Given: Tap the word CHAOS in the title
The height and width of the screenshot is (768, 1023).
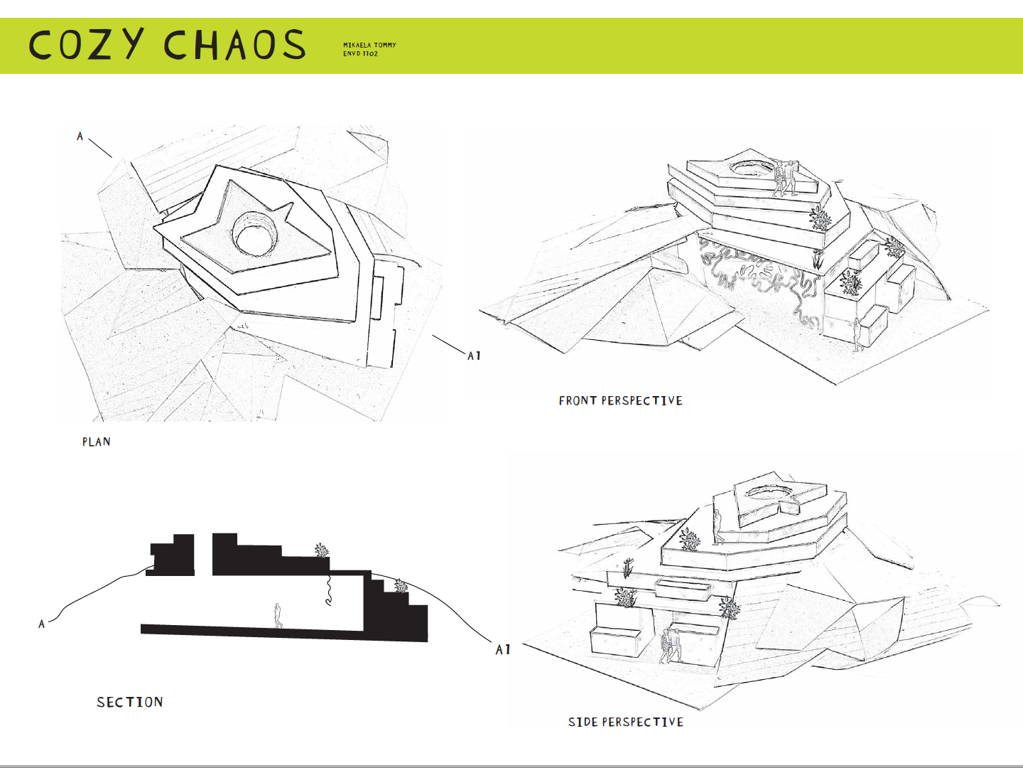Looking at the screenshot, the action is point(234,45).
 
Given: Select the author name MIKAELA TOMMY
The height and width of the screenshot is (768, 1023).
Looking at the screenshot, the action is point(369,45).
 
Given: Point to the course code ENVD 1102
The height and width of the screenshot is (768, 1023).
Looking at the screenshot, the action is point(360,54).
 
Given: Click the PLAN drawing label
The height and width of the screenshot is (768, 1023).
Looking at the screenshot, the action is point(96,442).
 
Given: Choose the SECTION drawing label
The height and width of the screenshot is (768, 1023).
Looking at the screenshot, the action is point(130,703).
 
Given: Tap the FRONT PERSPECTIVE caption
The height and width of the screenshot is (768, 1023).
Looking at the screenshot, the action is point(620,401).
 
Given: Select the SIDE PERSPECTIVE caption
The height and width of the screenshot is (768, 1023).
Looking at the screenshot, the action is point(625,722).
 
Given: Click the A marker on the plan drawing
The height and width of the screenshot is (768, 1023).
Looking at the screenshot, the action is point(80,136).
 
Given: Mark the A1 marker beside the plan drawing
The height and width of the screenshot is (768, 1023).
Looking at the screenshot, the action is point(474,356).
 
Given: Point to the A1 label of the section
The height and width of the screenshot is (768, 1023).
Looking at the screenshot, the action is point(503,649).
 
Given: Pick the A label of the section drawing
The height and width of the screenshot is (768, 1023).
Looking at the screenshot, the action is point(42,624).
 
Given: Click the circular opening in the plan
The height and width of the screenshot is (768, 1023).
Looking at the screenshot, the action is point(254,235).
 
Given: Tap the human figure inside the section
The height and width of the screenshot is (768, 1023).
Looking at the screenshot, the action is point(278,616).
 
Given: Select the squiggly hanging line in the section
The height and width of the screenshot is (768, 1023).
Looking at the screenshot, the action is point(329,590).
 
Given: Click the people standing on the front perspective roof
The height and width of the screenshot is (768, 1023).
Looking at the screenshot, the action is point(785,178).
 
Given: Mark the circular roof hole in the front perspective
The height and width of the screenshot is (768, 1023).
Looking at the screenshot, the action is point(753,168).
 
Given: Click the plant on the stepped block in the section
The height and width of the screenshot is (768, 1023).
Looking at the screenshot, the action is point(401,586).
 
